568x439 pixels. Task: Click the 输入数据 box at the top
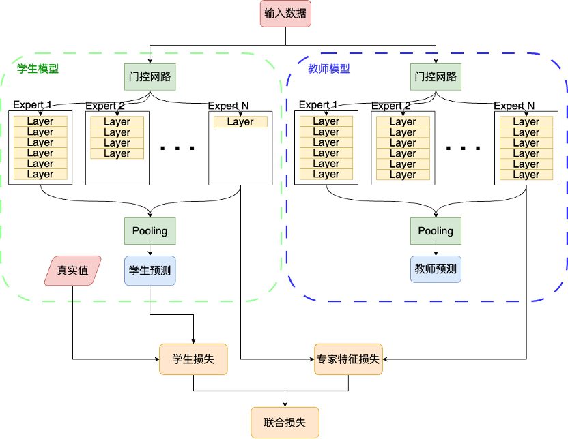tap(285, 14)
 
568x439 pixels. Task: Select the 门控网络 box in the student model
tap(150, 76)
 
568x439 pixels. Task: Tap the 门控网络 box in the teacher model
tap(436, 76)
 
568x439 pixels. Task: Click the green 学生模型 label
tap(38, 69)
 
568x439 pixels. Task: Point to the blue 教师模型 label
tap(329, 69)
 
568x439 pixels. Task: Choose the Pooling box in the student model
tap(150, 231)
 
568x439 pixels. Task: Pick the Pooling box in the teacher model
tap(436, 231)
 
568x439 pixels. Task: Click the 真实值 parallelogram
tap(72, 271)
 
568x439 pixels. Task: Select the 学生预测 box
tap(150, 271)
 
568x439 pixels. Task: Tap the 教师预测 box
tap(436, 271)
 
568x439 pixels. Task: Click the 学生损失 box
tap(193, 359)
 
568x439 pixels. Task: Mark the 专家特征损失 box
tap(348, 359)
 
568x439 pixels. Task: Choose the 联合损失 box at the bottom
tap(285, 423)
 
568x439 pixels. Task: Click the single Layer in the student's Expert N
tap(240, 122)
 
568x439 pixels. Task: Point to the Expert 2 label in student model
tap(105, 106)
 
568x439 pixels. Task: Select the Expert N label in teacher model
tap(514, 106)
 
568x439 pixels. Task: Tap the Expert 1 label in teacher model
tap(318, 105)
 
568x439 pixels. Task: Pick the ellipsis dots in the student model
tap(177, 147)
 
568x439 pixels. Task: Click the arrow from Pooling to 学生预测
tap(150, 250)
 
